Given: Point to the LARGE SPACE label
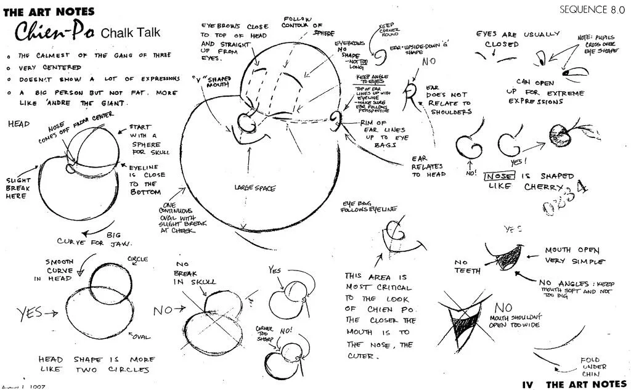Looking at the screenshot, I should pos(254,187).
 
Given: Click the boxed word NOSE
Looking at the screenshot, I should pos(499,176).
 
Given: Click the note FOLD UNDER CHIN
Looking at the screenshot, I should pos(593,368).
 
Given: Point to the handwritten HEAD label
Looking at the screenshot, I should pos(18,124).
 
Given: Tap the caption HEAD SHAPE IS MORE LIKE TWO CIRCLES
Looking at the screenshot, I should pos(97,364).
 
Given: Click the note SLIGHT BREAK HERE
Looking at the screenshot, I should pos(17,188).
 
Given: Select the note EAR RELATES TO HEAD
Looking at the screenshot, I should pos(429,166).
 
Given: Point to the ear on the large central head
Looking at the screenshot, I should pos(336,118).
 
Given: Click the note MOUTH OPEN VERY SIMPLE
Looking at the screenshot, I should pos(571,256).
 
